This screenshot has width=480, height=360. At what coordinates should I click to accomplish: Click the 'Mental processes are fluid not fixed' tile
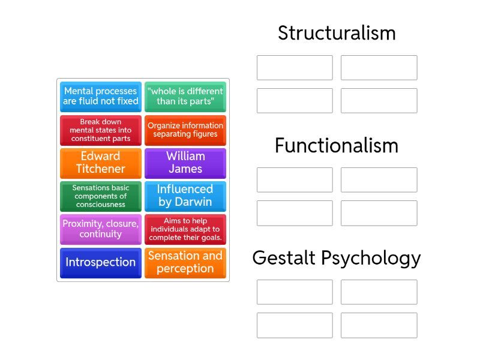click(x=101, y=97)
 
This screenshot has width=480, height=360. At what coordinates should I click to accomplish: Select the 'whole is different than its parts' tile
click(x=185, y=97)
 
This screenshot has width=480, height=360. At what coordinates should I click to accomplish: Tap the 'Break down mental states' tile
click(x=101, y=130)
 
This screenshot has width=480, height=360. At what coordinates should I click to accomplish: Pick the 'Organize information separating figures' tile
click(x=185, y=130)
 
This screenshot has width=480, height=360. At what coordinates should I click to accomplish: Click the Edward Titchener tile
click(x=101, y=163)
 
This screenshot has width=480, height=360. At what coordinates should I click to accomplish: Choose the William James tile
click(x=185, y=163)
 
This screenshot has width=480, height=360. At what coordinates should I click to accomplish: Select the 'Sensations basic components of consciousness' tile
click(x=101, y=196)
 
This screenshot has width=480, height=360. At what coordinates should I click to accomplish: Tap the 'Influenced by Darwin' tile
click(x=185, y=196)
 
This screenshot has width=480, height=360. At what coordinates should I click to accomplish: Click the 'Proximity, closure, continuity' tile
click(x=101, y=229)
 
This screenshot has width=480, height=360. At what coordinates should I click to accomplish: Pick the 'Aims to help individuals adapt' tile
click(x=185, y=229)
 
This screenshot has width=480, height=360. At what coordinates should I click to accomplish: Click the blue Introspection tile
click(x=101, y=263)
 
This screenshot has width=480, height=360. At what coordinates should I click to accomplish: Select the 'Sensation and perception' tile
click(x=185, y=263)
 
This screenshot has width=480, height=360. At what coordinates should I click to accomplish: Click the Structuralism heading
click(x=337, y=33)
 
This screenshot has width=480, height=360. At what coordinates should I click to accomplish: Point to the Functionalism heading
click(x=337, y=145)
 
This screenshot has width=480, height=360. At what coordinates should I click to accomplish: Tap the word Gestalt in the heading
click(x=284, y=258)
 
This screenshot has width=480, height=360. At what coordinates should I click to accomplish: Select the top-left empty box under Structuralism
click(x=295, y=68)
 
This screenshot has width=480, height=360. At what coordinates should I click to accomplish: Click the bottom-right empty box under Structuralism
click(x=379, y=101)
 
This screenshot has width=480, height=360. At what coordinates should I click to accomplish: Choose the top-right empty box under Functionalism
click(x=379, y=180)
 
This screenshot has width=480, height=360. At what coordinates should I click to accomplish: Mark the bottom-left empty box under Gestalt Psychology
click(x=295, y=325)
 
